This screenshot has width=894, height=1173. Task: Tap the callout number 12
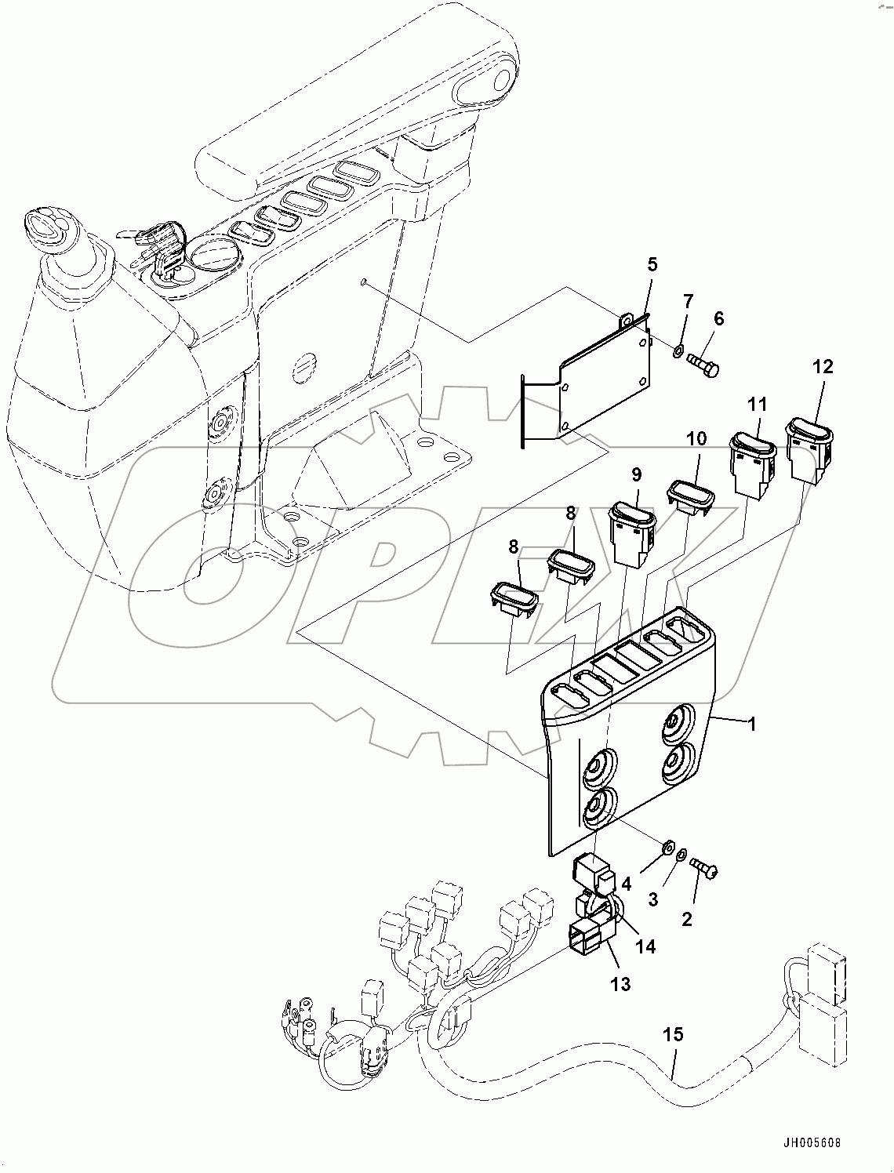(823, 366)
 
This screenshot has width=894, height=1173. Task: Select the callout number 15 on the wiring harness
(672, 1035)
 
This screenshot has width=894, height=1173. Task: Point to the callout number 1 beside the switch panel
(751, 724)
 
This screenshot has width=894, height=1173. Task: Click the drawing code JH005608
(809, 1142)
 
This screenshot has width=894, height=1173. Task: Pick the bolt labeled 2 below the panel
(706, 868)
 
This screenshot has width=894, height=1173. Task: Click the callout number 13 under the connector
(620, 982)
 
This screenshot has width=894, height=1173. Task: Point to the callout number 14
(645, 946)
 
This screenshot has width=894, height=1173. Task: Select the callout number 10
(696, 438)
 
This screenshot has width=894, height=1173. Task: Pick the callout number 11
(757, 405)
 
